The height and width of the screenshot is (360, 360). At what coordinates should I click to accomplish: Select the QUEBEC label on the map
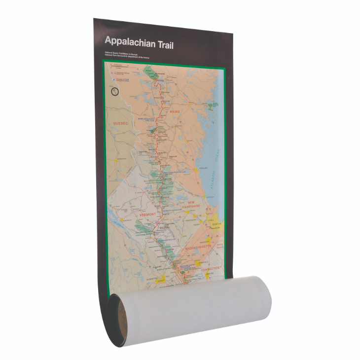[x=120, y=123]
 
